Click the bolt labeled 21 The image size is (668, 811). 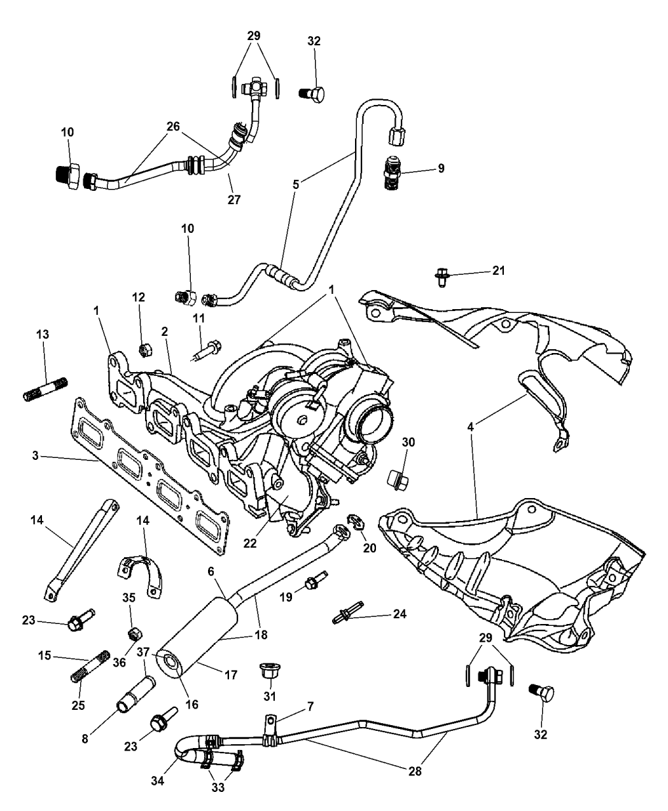pos(441,275)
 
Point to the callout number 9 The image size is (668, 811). pos(440,169)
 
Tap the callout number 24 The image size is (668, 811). pos(399,615)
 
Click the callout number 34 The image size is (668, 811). pos(158,780)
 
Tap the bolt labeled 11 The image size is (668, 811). pos(209,348)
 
